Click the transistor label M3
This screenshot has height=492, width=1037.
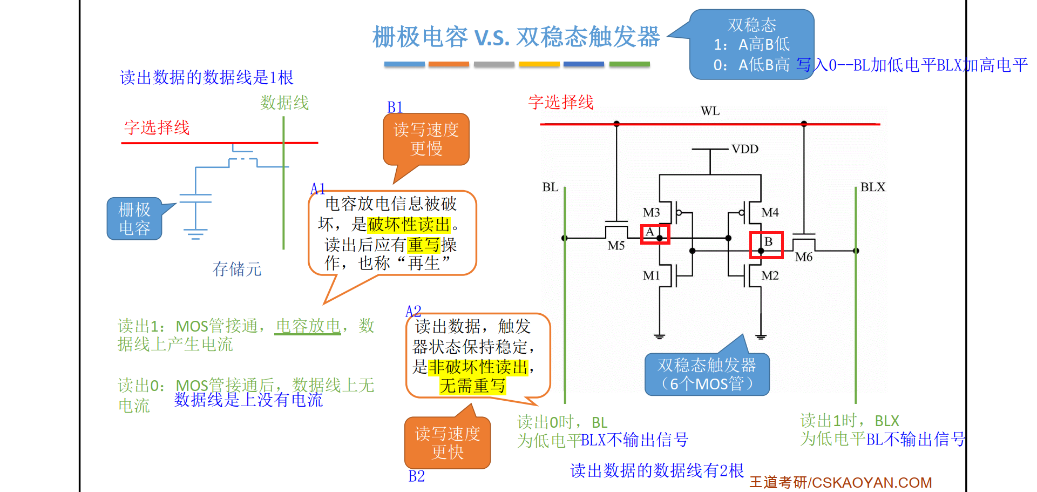click(x=651, y=212)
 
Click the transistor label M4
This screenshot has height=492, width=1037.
click(x=770, y=212)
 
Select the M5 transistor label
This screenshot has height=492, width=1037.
click(x=616, y=246)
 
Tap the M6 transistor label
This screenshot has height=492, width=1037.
click(x=803, y=257)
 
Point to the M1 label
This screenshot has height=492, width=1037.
click(x=651, y=275)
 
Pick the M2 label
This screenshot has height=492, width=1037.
click(x=770, y=275)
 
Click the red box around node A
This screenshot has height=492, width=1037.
click(x=655, y=234)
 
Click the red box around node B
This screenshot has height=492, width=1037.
click(x=766, y=245)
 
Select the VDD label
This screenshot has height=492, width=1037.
click(x=744, y=149)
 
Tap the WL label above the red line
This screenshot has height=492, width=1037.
click(x=710, y=111)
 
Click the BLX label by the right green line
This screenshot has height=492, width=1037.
click(x=872, y=187)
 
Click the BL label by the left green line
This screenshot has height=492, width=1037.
click(x=550, y=187)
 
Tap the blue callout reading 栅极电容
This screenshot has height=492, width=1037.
click(x=134, y=219)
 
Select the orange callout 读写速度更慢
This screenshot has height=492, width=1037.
click(x=426, y=139)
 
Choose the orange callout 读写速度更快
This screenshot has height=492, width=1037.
click(x=447, y=443)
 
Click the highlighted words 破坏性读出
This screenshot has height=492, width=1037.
click(x=409, y=224)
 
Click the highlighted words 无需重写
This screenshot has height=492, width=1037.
click(x=472, y=386)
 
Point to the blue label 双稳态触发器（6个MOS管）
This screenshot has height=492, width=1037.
click(x=707, y=375)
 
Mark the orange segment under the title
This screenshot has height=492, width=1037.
click(x=448, y=64)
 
